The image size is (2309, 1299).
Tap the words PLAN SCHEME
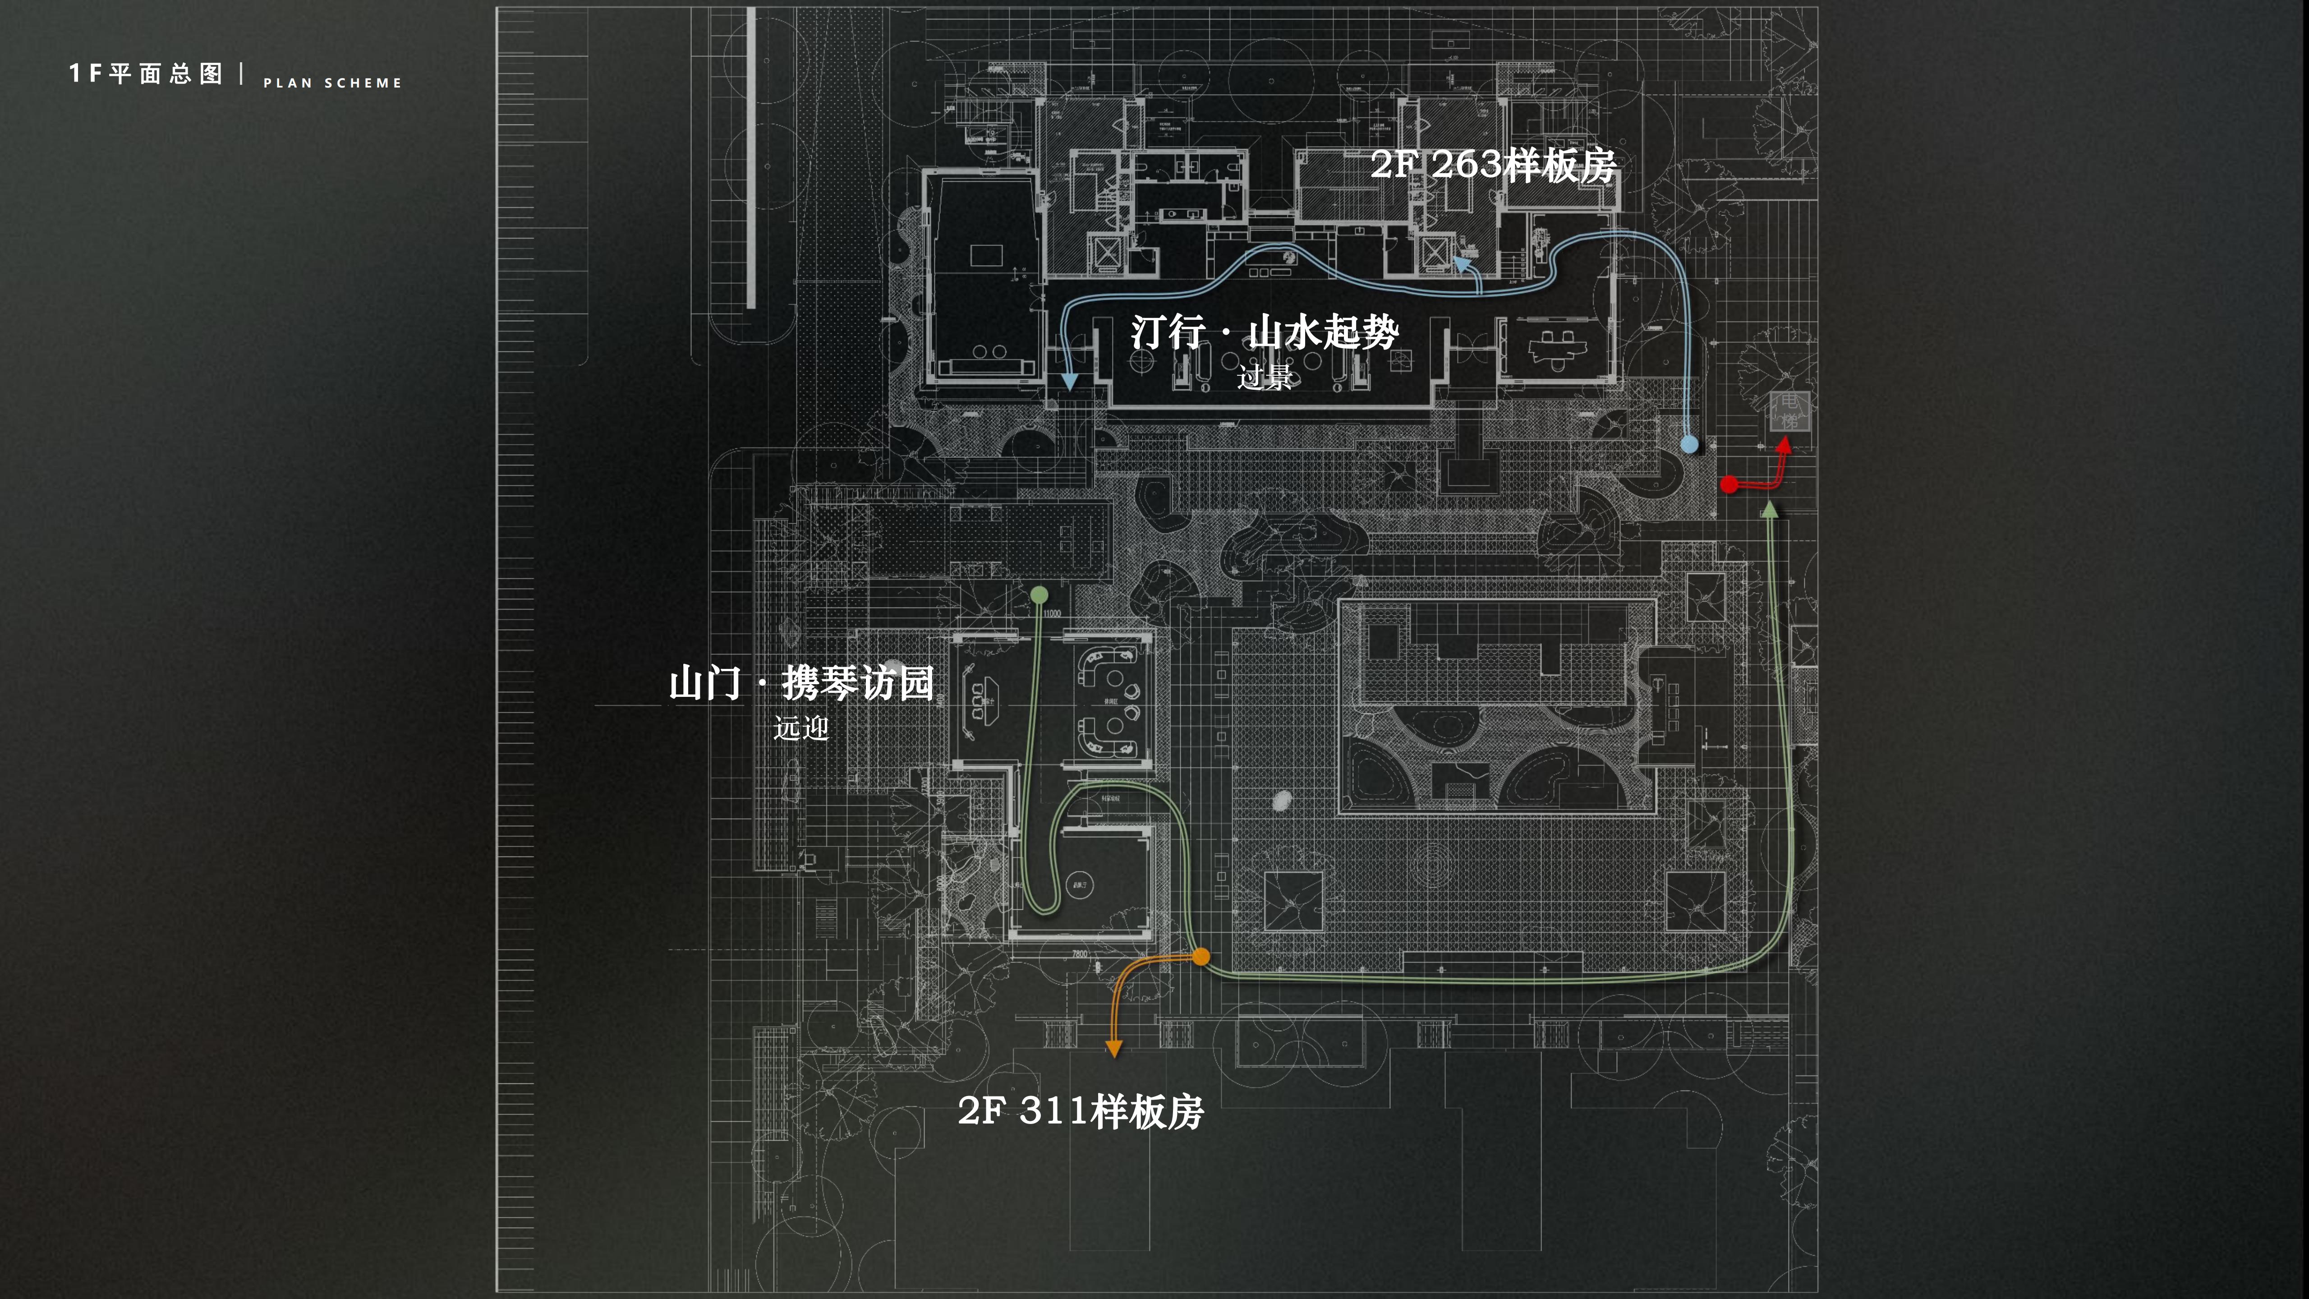coord(331,83)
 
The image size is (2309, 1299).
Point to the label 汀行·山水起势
coord(1264,332)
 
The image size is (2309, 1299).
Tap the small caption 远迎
coord(800,728)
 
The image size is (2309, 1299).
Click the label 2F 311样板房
coord(1080,1112)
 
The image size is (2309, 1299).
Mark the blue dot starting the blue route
coord(1689,444)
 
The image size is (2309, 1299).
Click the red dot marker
coord(1729,485)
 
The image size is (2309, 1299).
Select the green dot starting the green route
coord(1039,594)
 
